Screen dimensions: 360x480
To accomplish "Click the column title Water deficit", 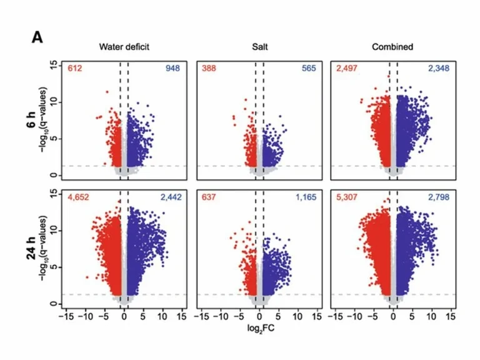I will tap(124, 47).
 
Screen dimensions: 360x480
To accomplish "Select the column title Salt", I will tap(259, 47).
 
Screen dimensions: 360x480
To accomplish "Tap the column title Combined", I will tap(392, 47).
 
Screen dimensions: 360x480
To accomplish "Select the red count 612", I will tap(76, 68).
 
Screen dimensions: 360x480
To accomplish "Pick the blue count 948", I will tap(172, 68).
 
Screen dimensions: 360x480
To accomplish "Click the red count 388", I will tap(210, 68).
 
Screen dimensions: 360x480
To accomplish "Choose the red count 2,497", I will tap(348, 68).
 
